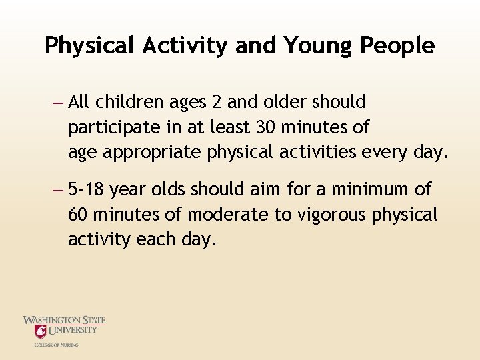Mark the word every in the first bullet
tap(386, 152)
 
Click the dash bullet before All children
tap(57, 103)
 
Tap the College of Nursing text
tap(57, 345)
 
